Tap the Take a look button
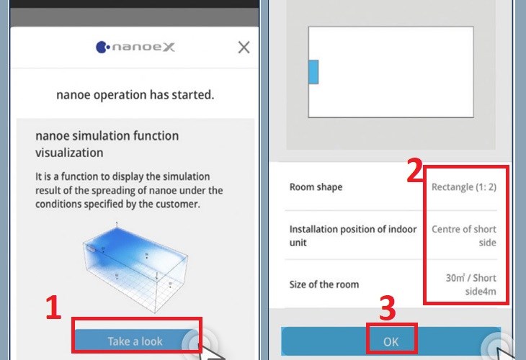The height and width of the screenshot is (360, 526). click(x=135, y=341)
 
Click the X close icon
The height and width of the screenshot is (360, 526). click(x=244, y=48)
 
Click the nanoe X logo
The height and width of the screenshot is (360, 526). click(x=135, y=47)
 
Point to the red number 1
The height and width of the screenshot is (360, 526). click(x=53, y=307)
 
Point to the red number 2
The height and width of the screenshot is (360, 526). click(x=414, y=170)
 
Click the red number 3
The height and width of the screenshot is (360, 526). click(x=388, y=309)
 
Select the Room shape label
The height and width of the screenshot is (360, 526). click(x=316, y=186)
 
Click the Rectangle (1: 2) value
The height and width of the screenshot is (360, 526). click(x=463, y=186)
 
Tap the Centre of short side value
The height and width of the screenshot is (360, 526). click(x=464, y=235)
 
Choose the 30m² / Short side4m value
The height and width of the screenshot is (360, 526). click(x=471, y=284)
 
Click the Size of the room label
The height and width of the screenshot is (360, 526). click(x=324, y=284)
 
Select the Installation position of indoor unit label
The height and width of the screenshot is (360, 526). click(x=353, y=235)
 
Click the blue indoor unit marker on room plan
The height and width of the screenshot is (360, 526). click(x=313, y=72)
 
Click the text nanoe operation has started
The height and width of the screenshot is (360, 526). click(x=135, y=95)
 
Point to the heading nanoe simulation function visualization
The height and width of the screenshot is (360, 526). click(x=107, y=144)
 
